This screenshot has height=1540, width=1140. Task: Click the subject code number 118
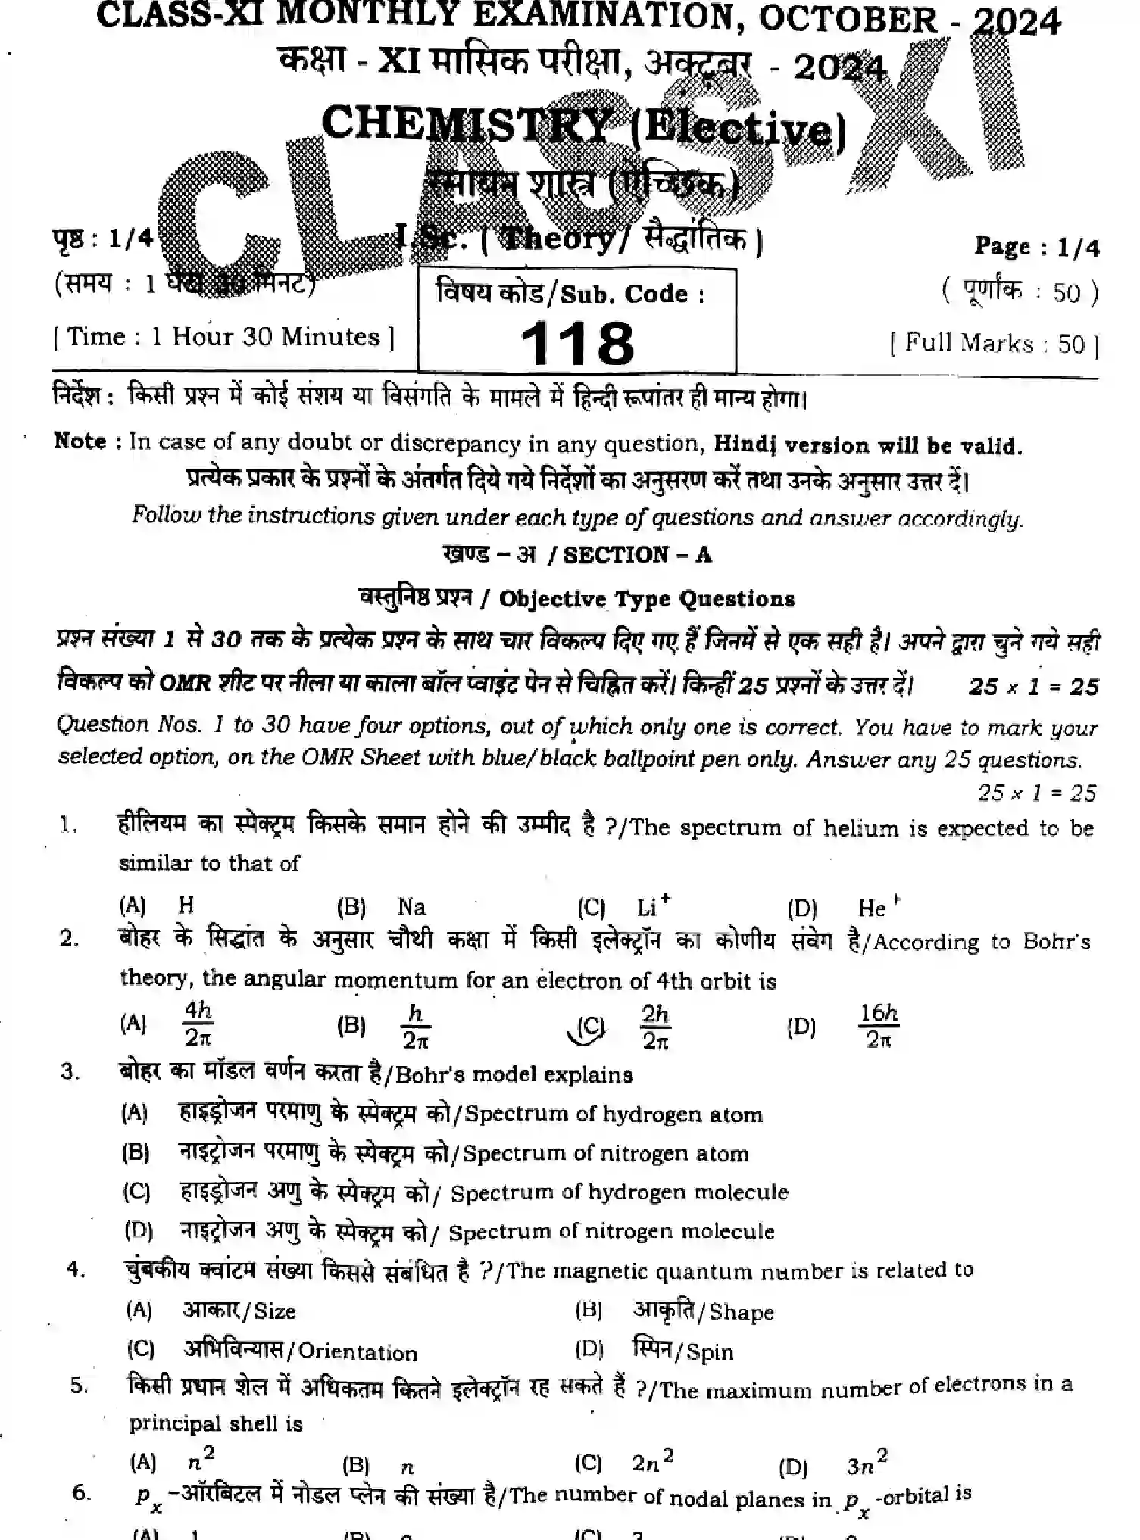[577, 343]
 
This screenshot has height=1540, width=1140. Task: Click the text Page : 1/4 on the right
[1035, 248]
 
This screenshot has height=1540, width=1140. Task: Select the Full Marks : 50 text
[995, 344]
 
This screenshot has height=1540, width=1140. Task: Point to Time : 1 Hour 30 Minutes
[223, 337]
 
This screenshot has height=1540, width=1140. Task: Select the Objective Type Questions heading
[648, 599]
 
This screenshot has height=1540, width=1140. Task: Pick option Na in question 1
[411, 906]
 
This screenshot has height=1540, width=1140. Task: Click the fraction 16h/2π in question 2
[879, 1026]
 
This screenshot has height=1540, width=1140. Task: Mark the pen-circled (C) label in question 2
[590, 1027]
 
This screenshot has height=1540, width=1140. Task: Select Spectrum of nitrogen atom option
[605, 1154]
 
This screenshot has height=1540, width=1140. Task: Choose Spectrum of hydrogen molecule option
[619, 1192]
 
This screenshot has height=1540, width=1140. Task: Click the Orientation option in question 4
[357, 1353]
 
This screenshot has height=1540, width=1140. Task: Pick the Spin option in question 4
[708, 1352]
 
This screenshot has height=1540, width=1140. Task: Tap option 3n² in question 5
[865, 1465]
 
